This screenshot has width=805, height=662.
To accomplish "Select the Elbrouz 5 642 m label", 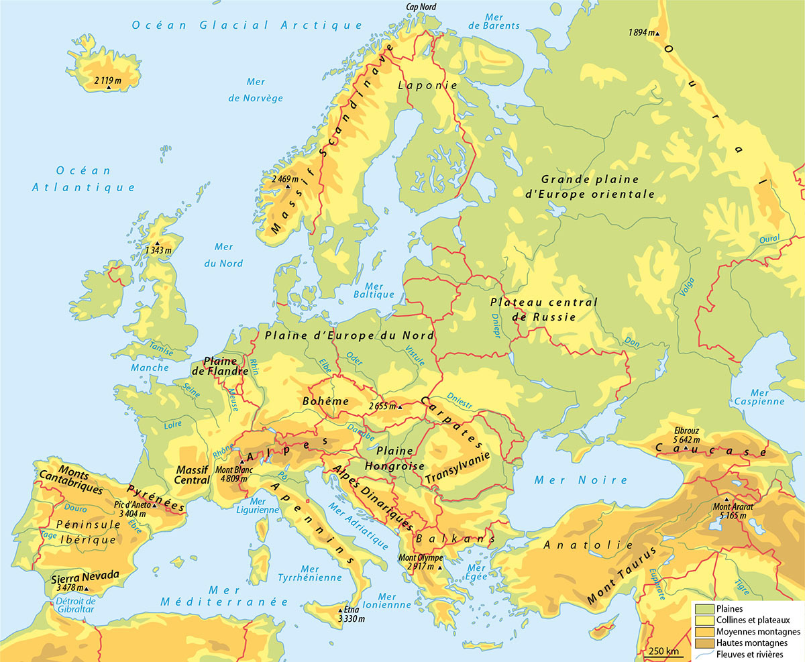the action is click(x=689, y=435).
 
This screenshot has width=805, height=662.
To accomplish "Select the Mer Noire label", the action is click(x=581, y=480).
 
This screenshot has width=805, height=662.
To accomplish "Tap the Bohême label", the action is click(x=325, y=401).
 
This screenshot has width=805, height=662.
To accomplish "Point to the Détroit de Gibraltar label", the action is click(x=76, y=606).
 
